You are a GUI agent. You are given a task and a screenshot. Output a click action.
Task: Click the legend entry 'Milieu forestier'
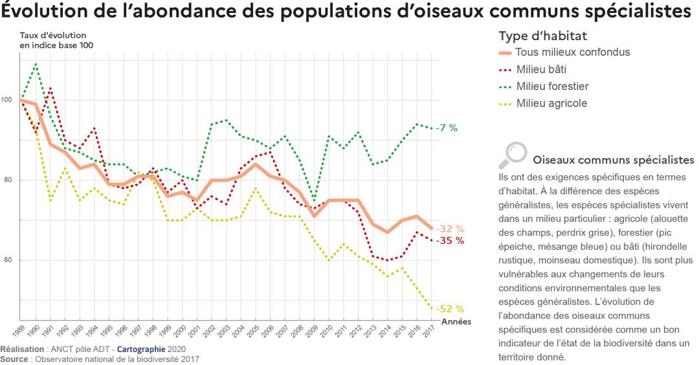point(552,86)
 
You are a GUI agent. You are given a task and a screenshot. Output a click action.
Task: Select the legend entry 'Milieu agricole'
point(551,104)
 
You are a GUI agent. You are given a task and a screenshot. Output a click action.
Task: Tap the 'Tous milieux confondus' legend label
point(572,52)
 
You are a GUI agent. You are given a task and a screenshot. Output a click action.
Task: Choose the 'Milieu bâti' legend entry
point(541,69)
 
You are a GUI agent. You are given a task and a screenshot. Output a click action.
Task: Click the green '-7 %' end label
point(447,128)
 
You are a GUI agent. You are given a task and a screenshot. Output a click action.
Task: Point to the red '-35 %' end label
point(450,240)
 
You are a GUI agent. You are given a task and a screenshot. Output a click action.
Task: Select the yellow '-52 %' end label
point(450,309)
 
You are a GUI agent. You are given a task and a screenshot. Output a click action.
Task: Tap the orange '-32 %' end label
point(450,228)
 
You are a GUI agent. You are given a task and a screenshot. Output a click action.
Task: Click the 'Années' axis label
point(456,321)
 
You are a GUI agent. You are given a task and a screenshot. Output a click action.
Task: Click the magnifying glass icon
point(513,154)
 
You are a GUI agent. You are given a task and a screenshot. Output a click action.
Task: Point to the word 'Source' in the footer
point(14,359)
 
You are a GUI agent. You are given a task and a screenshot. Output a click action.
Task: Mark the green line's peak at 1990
point(36,63)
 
